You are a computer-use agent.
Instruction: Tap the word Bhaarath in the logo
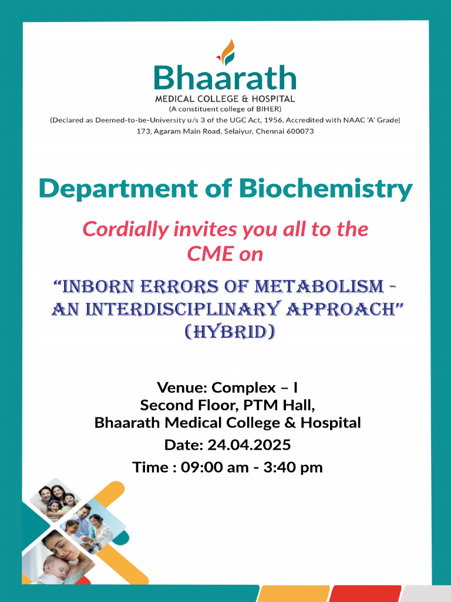click(x=225, y=79)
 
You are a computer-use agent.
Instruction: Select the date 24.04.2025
click(x=249, y=445)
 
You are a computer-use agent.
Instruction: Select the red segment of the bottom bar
click(x=364, y=594)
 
